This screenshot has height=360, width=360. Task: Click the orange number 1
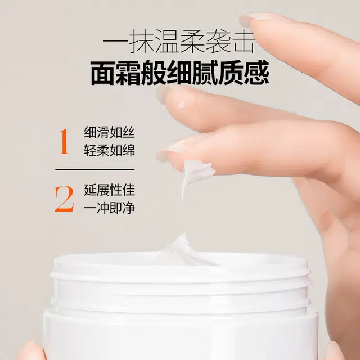click(x=64, y=141)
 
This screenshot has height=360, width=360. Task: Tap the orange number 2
click(x=64, y=199)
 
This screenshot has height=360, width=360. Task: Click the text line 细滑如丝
click(x=109, y=132)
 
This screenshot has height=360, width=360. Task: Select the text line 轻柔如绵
click(x=109, y=150)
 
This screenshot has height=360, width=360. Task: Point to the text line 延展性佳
click(x=109, y=190)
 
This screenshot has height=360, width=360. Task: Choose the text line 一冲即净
click(x=109, y=208)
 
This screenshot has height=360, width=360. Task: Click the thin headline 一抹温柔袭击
click(x=179, y=43)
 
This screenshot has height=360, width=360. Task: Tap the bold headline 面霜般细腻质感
click(x=180, y=73)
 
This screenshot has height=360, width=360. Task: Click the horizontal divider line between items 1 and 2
click(x=95, y=170)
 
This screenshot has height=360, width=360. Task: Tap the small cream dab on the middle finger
click(x=182, y=105)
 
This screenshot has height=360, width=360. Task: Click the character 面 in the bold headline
click(x=103, y=73)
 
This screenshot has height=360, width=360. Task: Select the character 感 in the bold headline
click(x=256, y=73)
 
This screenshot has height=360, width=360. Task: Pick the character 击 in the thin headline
click(x=244, y=43)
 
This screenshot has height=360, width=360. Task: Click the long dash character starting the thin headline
click(x=115, y=42)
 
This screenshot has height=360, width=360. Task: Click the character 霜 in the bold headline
click(x=128, y=73)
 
